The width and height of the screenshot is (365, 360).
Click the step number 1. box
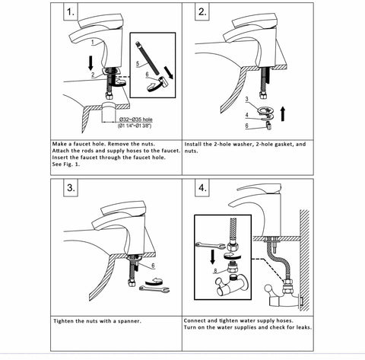[x=71, y=11]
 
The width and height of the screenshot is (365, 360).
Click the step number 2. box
[x=202, y=11]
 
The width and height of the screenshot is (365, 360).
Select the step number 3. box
[x=71, y=188]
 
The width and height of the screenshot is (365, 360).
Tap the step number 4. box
[x=202, y=188]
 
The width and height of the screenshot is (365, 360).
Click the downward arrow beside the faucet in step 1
[x=91, y=63]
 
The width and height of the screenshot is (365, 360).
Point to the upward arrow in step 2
[x=283, y=113]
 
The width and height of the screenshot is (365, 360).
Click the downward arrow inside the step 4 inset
[x=212, y=256]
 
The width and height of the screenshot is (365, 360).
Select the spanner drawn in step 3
[x=154, y=288]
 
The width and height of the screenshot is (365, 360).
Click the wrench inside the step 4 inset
[x=210, y=245]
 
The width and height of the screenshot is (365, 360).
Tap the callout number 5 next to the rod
[x=138, y=63]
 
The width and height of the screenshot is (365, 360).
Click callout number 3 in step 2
[x=246, y=99]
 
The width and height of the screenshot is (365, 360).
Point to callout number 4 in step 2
[x=246, y=115]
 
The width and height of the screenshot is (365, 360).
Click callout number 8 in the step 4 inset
[x=215, y=271]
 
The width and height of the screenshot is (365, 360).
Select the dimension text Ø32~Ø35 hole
[x=136, y=119]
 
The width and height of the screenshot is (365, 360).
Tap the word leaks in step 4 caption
[x=303, y=327]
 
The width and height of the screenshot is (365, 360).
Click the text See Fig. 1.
[x=66, y=164]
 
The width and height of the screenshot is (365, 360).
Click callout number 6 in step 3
[x=153, y=266]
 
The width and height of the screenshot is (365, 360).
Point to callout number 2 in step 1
[x=93, y=75]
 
